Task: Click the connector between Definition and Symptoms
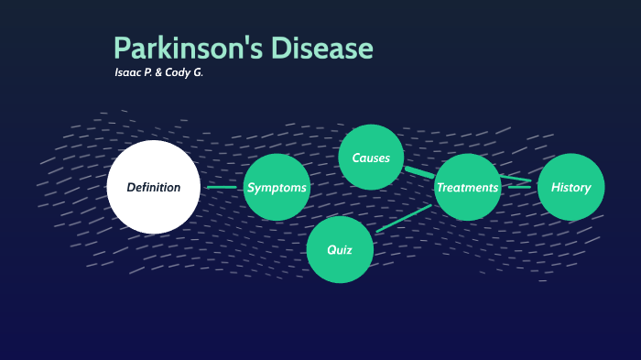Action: tap(222, 188)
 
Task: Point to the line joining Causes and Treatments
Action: tap(418, 171)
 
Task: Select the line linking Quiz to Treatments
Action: tap(403, 219)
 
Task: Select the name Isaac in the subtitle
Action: tap(129, 72)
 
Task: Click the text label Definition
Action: tap(153, 188)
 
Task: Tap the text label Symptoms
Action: tap(277, 188)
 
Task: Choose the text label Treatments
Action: tap(467, 188)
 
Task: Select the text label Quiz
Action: tap(340, 249)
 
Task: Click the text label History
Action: tap(570, 188)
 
